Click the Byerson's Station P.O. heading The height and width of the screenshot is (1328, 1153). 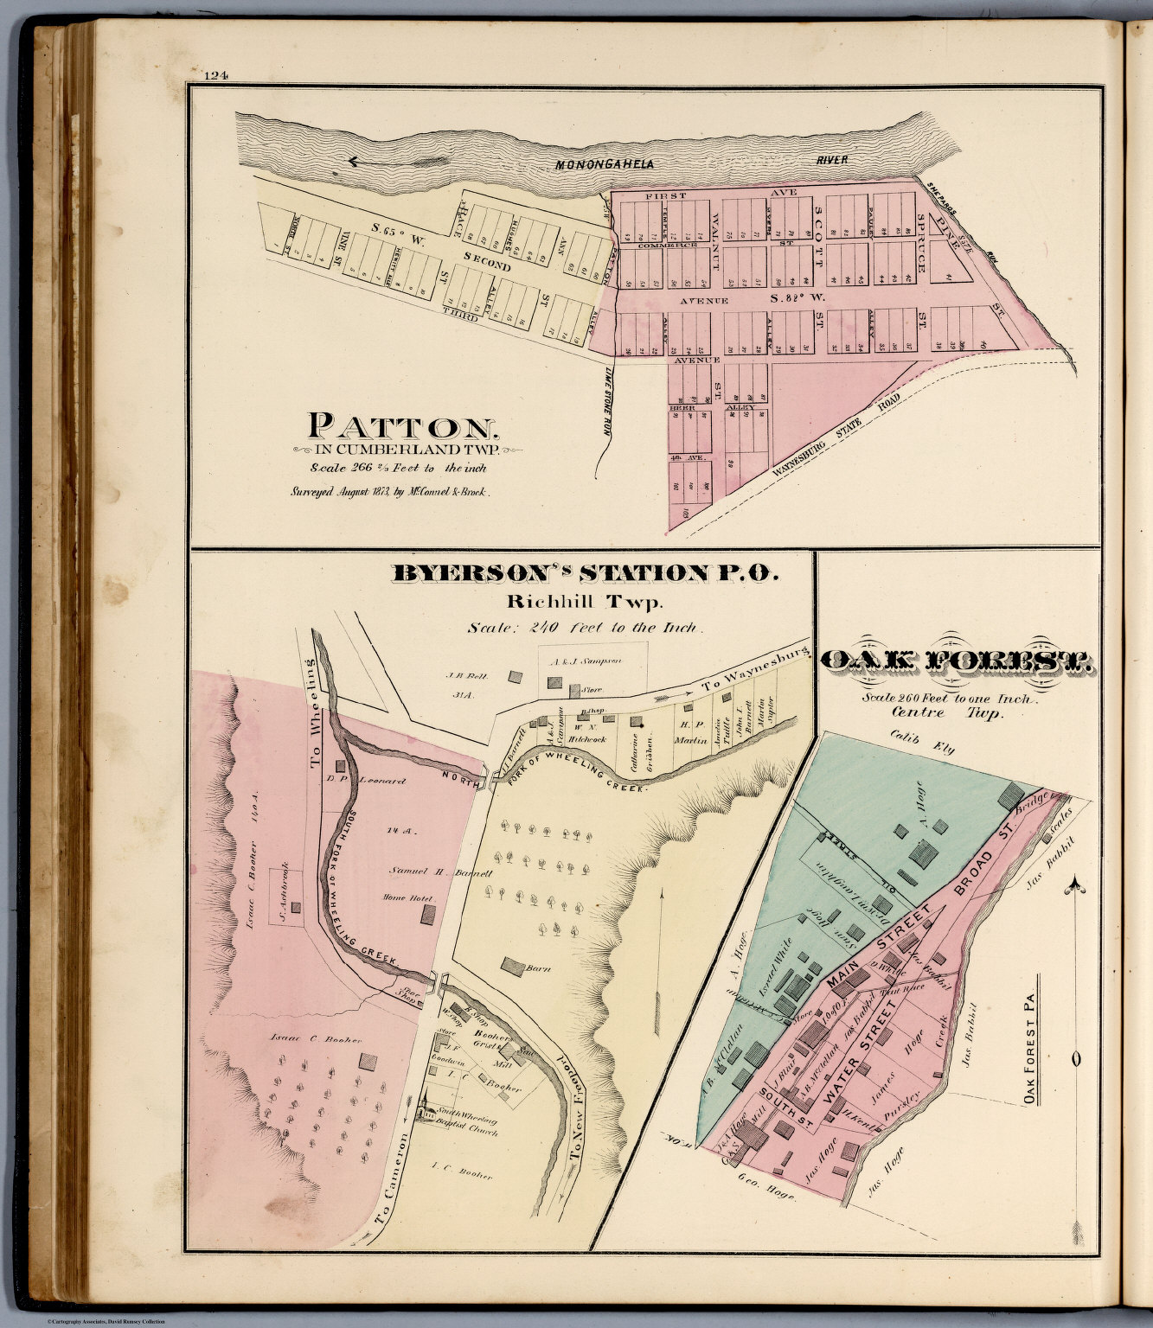pos(586,573)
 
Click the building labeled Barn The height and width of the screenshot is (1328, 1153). pos(514,966)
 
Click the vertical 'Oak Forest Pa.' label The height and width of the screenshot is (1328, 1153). pos(1029,1038)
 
